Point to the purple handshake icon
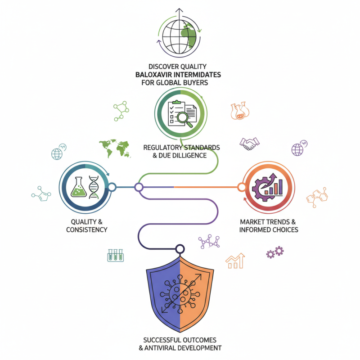point(249,144)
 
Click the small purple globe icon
point(298,149)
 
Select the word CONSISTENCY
point(86,229)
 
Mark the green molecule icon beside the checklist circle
point(121,111)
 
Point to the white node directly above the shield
point(180,247)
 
